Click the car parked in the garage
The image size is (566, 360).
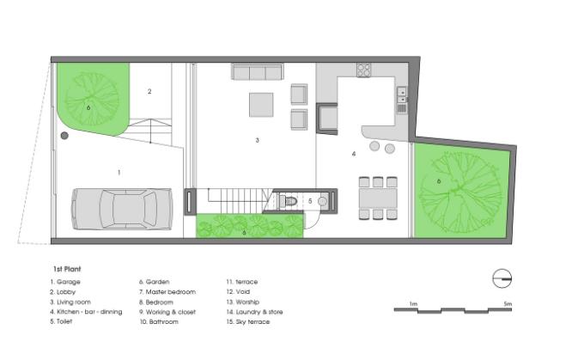coord(122,209)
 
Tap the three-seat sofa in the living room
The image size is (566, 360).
coord(258,72)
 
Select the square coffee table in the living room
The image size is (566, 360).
coord(261,105)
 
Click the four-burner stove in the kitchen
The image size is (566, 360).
coord(363,70)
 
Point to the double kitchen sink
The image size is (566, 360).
coord(402,95)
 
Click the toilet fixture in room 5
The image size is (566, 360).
coord(289,200)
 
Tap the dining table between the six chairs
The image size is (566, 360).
coord(378,198)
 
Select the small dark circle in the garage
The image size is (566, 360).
coord(64,136)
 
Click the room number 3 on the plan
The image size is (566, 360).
coord(258,140)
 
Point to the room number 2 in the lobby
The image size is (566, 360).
coord(149,91)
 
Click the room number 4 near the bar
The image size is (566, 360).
coord(354,154)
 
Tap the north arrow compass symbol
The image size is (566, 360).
coord(502,278)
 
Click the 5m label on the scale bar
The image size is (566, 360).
coord(508,304)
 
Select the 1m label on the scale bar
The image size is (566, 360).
coord(414,304)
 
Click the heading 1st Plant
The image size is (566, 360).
coord(67,269)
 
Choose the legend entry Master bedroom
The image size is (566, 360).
coord(167,292)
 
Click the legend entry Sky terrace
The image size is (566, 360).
coord(248,321)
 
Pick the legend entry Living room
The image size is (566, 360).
coord(70,302)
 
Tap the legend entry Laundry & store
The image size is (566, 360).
coord(254,312)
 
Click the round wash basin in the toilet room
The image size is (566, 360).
coord(323,201)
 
